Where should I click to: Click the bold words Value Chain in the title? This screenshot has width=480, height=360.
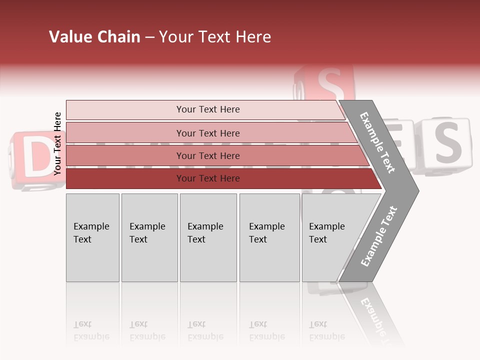tap(94, 37)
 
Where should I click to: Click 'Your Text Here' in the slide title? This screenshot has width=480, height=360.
tap(215, 37)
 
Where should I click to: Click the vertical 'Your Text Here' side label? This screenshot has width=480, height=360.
tap(57, 143)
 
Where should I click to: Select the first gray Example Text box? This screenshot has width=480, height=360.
tap(92, 237)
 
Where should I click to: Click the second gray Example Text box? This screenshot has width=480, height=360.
tap(149, 237)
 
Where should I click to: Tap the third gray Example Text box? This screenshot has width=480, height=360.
tap(208, 237)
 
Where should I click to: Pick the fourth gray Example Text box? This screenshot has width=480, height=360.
tap(269, 237)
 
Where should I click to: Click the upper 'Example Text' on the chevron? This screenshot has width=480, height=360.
tap(377, 142)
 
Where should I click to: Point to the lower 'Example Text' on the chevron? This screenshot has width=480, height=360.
tap(378, 236)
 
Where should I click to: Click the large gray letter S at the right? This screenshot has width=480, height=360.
tap(446, 142)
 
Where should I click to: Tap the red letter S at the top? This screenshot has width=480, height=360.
tap(327, 84)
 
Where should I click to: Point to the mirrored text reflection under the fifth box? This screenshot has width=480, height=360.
tap(326, 330)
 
